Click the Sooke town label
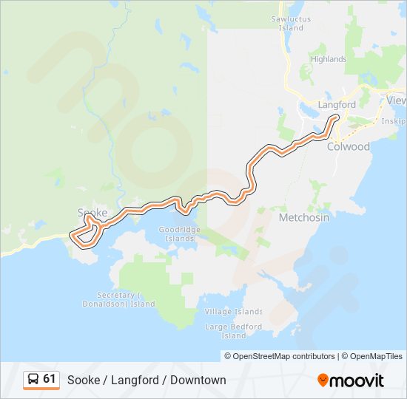pos(92,213)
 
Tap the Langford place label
pos(337,105)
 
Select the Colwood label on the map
pos(348,146)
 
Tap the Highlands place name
pos(329,59)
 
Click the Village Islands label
pos(233,311)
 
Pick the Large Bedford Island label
pos(233,331)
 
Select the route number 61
pos(50,379)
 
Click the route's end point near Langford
pos(336,117)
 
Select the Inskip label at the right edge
pos(394,120)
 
